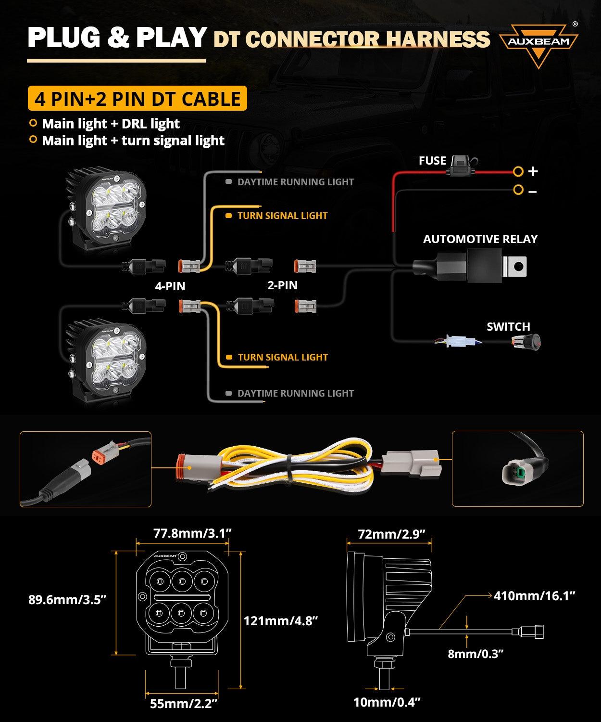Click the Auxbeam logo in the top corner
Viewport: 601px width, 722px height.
[538, 44]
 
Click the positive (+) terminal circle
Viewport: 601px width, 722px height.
[518, 171]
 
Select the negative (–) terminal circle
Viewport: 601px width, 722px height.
[518, 190]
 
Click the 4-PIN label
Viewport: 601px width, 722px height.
[170, 286]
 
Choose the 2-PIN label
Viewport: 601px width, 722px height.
[282, 285]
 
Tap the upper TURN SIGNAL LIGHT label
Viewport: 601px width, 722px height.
[282, 216]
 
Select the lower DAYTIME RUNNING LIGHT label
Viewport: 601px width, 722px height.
[295, 393]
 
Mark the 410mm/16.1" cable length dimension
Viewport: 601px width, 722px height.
[535, 596]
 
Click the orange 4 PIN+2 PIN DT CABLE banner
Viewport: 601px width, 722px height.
[138, 99]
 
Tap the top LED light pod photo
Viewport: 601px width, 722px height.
[105, 212]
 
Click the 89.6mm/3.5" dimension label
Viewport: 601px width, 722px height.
[67, 600]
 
